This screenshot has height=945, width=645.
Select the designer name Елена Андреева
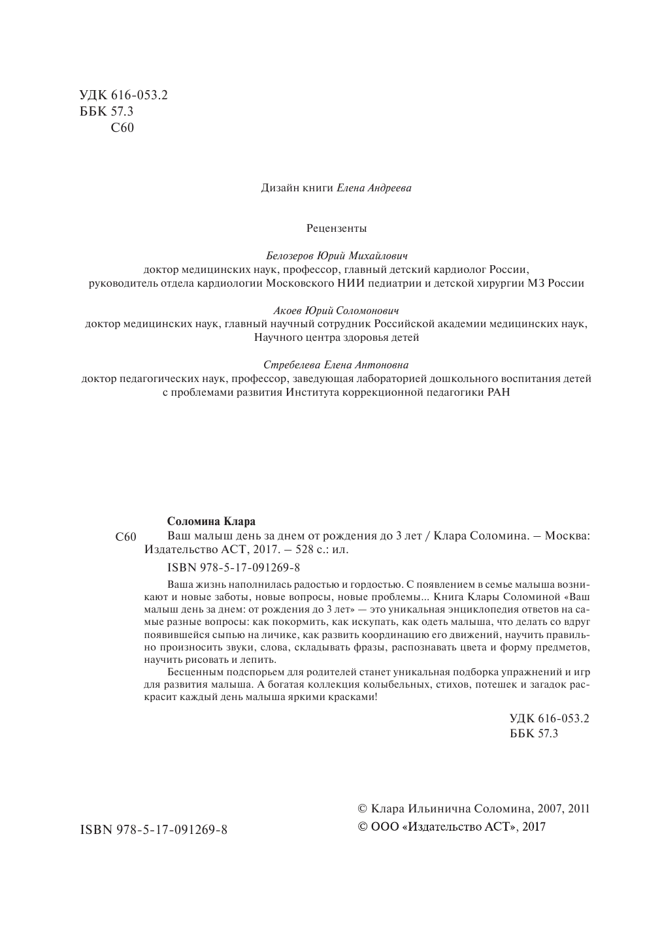tap(374, 188)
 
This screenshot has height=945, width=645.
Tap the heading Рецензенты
tap(337, 229)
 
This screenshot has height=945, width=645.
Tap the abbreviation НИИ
tap(348, 283)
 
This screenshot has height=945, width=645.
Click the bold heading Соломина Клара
tap(211, 521)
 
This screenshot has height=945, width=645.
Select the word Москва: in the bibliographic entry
tap(567, 536)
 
